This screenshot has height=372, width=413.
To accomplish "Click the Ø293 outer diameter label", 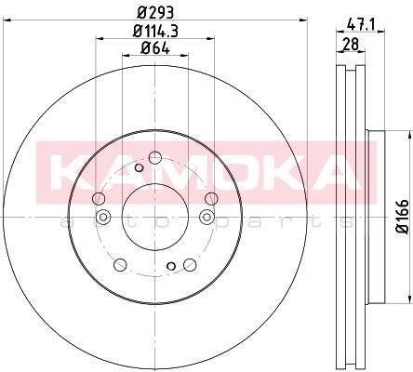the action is pyautogui.click(x=154, y=13).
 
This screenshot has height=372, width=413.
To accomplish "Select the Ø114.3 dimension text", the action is pyautogui.click(x=155, y=32).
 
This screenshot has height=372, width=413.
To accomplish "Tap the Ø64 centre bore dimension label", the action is pyautogui.click(x=155, y=48).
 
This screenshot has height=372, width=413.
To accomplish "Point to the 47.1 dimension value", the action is pyautogui.click(x=360, y=24).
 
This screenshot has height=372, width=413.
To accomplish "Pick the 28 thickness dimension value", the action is pyautogui.click(x=351, y=44).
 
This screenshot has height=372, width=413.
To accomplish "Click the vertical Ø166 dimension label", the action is pyautogui.click(x=404, y=216).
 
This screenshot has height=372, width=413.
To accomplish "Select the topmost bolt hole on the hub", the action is pyautogui.click(x=155, y=158).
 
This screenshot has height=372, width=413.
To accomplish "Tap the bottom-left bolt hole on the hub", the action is pyautogui.click(x=120, y=264).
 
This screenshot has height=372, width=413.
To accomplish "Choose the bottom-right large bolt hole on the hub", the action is pyautogui.click(x=190, y=264).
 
